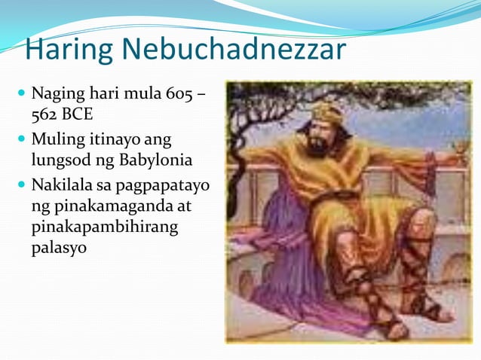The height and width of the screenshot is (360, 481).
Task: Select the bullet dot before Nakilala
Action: (20, 184)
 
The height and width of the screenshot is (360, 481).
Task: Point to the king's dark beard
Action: (321, 144)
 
